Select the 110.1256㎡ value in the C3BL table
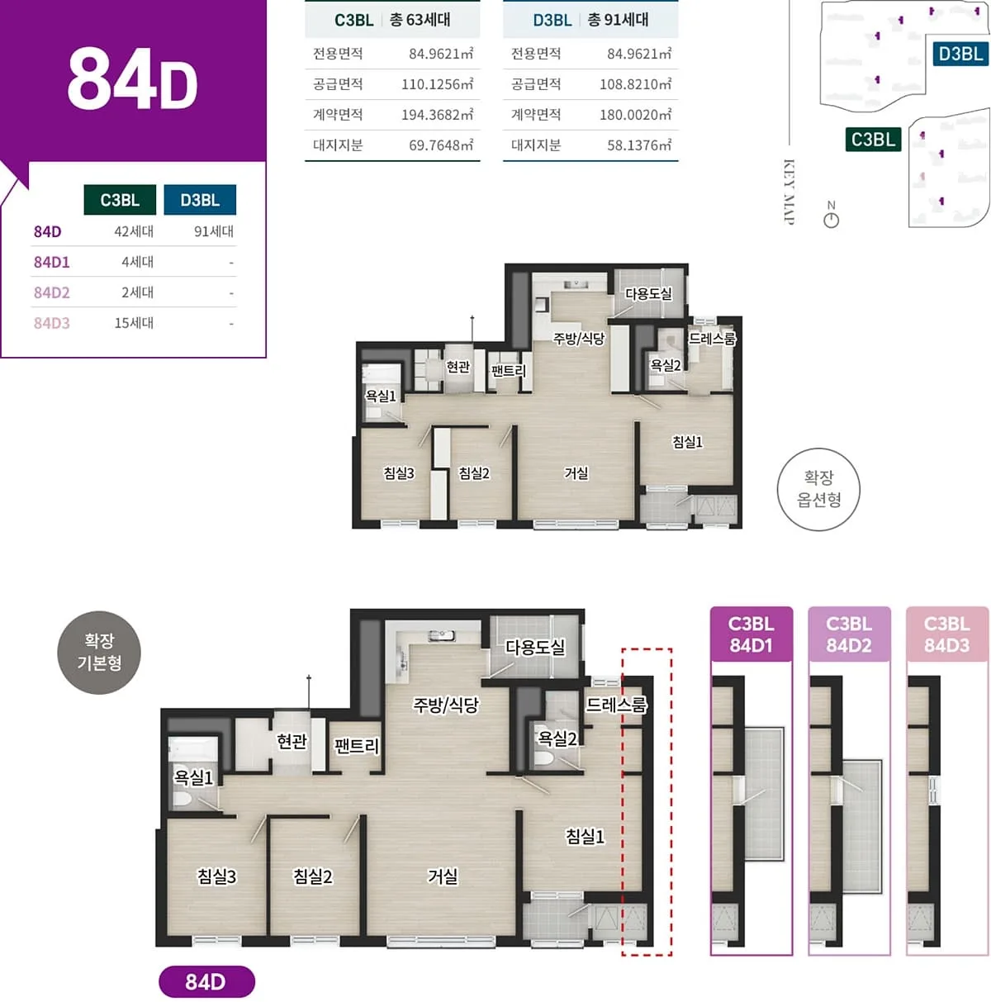(437, 84)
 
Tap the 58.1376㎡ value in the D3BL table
(639, 145)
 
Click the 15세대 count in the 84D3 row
(134, 323)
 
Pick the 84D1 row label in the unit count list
(51, 262)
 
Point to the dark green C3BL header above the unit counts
(120, 200)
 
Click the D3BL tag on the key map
(960, 54)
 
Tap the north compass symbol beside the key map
(831, 214)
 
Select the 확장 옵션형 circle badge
(818, 489)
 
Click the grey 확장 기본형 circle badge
(99, 652)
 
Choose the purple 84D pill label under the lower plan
(206, 981)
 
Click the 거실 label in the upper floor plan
(576, 473)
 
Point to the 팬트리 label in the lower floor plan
(357, 746)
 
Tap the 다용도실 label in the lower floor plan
(535, 648)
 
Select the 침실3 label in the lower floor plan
(216, 876)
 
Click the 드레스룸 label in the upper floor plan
(712, 339)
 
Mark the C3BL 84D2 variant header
(848, 634)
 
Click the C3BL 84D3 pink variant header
(946, 634)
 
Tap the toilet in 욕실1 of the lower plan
(182, 798)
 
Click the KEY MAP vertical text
(788, 192)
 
